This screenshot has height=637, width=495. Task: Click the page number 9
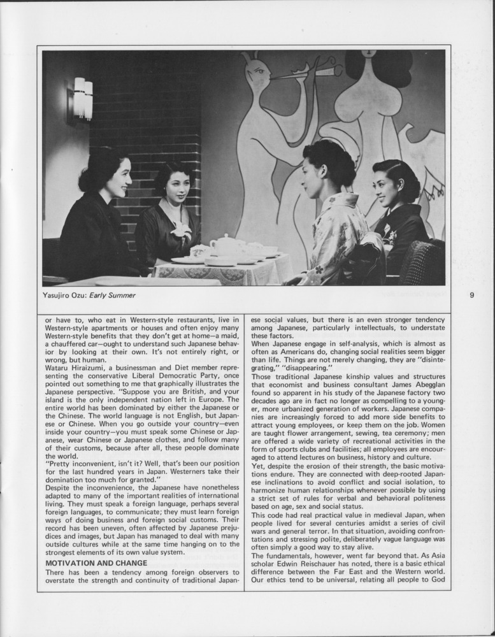click(x=471, y=295)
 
